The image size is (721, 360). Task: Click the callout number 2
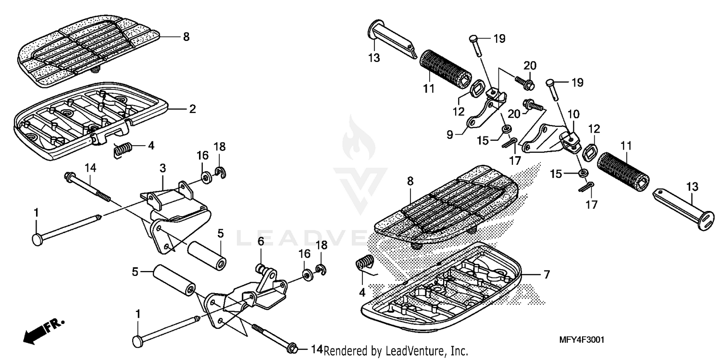tap(192, 109)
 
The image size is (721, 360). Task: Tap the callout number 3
tap(163, 168)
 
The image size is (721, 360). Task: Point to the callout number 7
tap(547, 275)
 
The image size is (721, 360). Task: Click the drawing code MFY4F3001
tap(581, 340)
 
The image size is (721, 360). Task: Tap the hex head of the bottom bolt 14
tap(291, 347)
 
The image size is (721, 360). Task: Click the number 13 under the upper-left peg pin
tap(374, 59)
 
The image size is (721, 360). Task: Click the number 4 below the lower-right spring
tap(362, 291)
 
